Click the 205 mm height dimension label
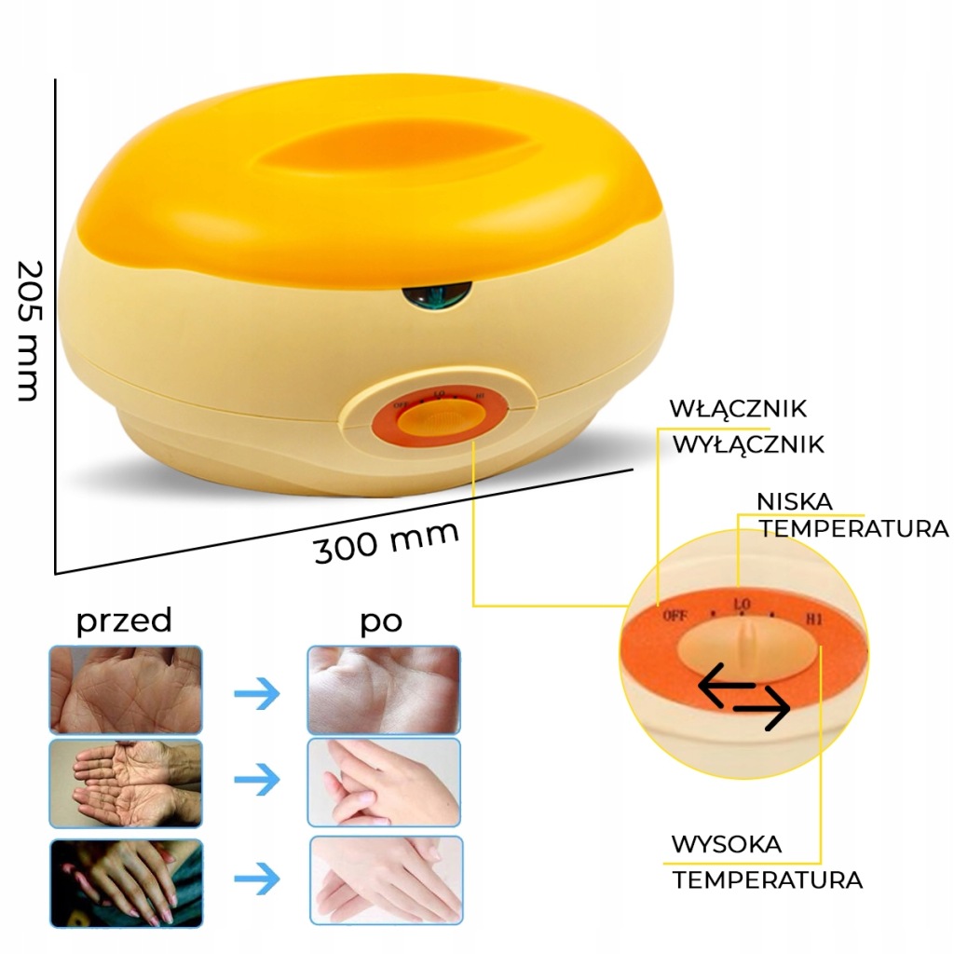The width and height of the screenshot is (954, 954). (28, 330)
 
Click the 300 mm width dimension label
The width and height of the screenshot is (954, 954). (387, 541)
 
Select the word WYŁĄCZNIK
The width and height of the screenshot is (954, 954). (749, 444)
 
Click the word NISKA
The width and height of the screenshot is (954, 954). (795, 502)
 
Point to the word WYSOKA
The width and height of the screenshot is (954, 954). (727, 845)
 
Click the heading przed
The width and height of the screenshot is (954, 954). (124, 620)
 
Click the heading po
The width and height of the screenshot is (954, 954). (382, 621)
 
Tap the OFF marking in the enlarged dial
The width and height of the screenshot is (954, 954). (675, 615)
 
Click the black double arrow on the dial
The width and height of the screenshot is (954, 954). (744, 699)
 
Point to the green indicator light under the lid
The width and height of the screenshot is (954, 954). (436, 297)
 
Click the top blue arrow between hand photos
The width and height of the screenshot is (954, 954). (255, 692)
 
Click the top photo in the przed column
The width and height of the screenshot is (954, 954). (126, 690)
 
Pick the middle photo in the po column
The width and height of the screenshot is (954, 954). (384, 783)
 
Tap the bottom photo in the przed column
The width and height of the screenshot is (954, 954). (126, 881)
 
